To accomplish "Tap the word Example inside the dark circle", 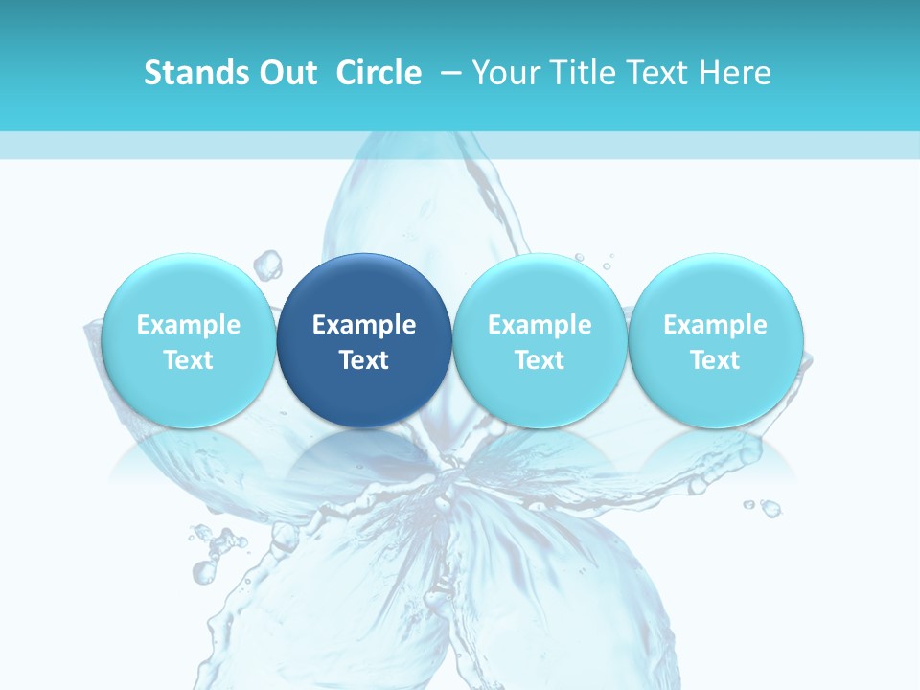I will point(364,325).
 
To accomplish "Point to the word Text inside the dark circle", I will point(364,360).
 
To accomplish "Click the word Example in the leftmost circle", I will point(188,325).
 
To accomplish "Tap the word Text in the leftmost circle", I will point(188,360).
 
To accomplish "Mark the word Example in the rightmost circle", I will point(715,325).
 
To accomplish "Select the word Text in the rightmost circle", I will point(715,360).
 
